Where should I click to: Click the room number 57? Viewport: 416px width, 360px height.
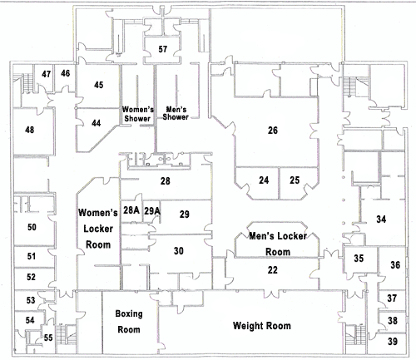[163, 49]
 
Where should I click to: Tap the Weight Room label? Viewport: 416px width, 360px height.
[262, 326]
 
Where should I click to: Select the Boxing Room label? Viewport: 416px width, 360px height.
[129, 322]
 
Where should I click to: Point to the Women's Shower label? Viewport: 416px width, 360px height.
[137, 114]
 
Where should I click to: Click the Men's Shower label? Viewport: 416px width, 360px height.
[176, 113]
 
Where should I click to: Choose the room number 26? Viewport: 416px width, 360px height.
[273, 131]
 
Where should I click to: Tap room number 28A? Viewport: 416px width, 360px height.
[131, 210]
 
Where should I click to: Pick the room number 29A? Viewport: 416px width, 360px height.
[152, 211]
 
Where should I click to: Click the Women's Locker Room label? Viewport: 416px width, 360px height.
[98, 229]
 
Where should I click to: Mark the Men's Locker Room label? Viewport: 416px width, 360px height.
[278, 244]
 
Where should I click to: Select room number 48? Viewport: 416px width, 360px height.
[29, 130]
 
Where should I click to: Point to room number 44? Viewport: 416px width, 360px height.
[96, 123]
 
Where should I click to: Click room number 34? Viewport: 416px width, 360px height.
[381, 219]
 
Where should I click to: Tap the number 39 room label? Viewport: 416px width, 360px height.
[393, 342]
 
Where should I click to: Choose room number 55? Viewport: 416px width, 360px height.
[48, 338]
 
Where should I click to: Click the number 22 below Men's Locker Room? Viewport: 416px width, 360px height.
[272, 270]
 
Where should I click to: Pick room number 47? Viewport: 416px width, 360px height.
[46, 74]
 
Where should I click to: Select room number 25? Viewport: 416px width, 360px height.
[295, 180]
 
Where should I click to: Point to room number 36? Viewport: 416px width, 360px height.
[395, 265]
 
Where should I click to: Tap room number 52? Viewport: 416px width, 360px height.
[31, 277]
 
